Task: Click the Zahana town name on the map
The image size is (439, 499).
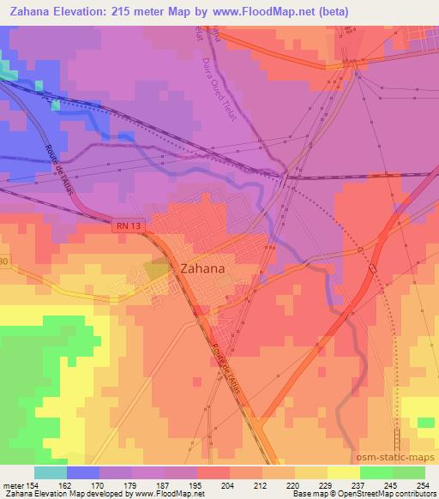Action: pyautogui.click(x=202, y=268)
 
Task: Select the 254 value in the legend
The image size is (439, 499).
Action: pyautogui.click(x=423, y=484)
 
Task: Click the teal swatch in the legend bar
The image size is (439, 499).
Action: pyautogui.click(x=50, y=472)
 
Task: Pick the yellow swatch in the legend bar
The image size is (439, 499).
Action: pyautogui.click(x=344, y=472)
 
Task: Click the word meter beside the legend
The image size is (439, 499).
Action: pyautogui.click(x=12, y=484)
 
